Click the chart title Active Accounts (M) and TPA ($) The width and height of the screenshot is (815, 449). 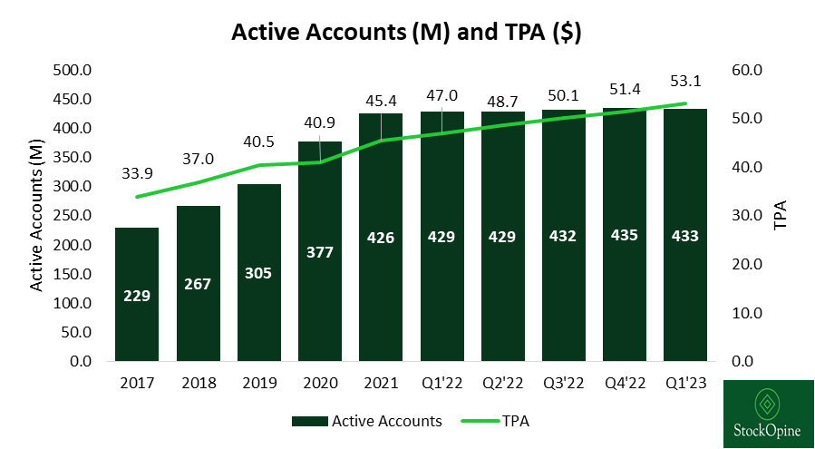point(406,33)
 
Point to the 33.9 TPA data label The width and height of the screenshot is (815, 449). point(137,173)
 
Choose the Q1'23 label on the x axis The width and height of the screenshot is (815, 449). point(685,384)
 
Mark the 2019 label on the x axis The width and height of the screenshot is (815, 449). point(259,384)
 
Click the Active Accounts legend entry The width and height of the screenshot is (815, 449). point(367,421)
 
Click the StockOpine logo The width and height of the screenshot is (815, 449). point(768,414)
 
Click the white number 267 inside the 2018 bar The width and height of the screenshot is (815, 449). point(198,284)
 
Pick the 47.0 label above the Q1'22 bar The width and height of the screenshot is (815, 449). point(441,94)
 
